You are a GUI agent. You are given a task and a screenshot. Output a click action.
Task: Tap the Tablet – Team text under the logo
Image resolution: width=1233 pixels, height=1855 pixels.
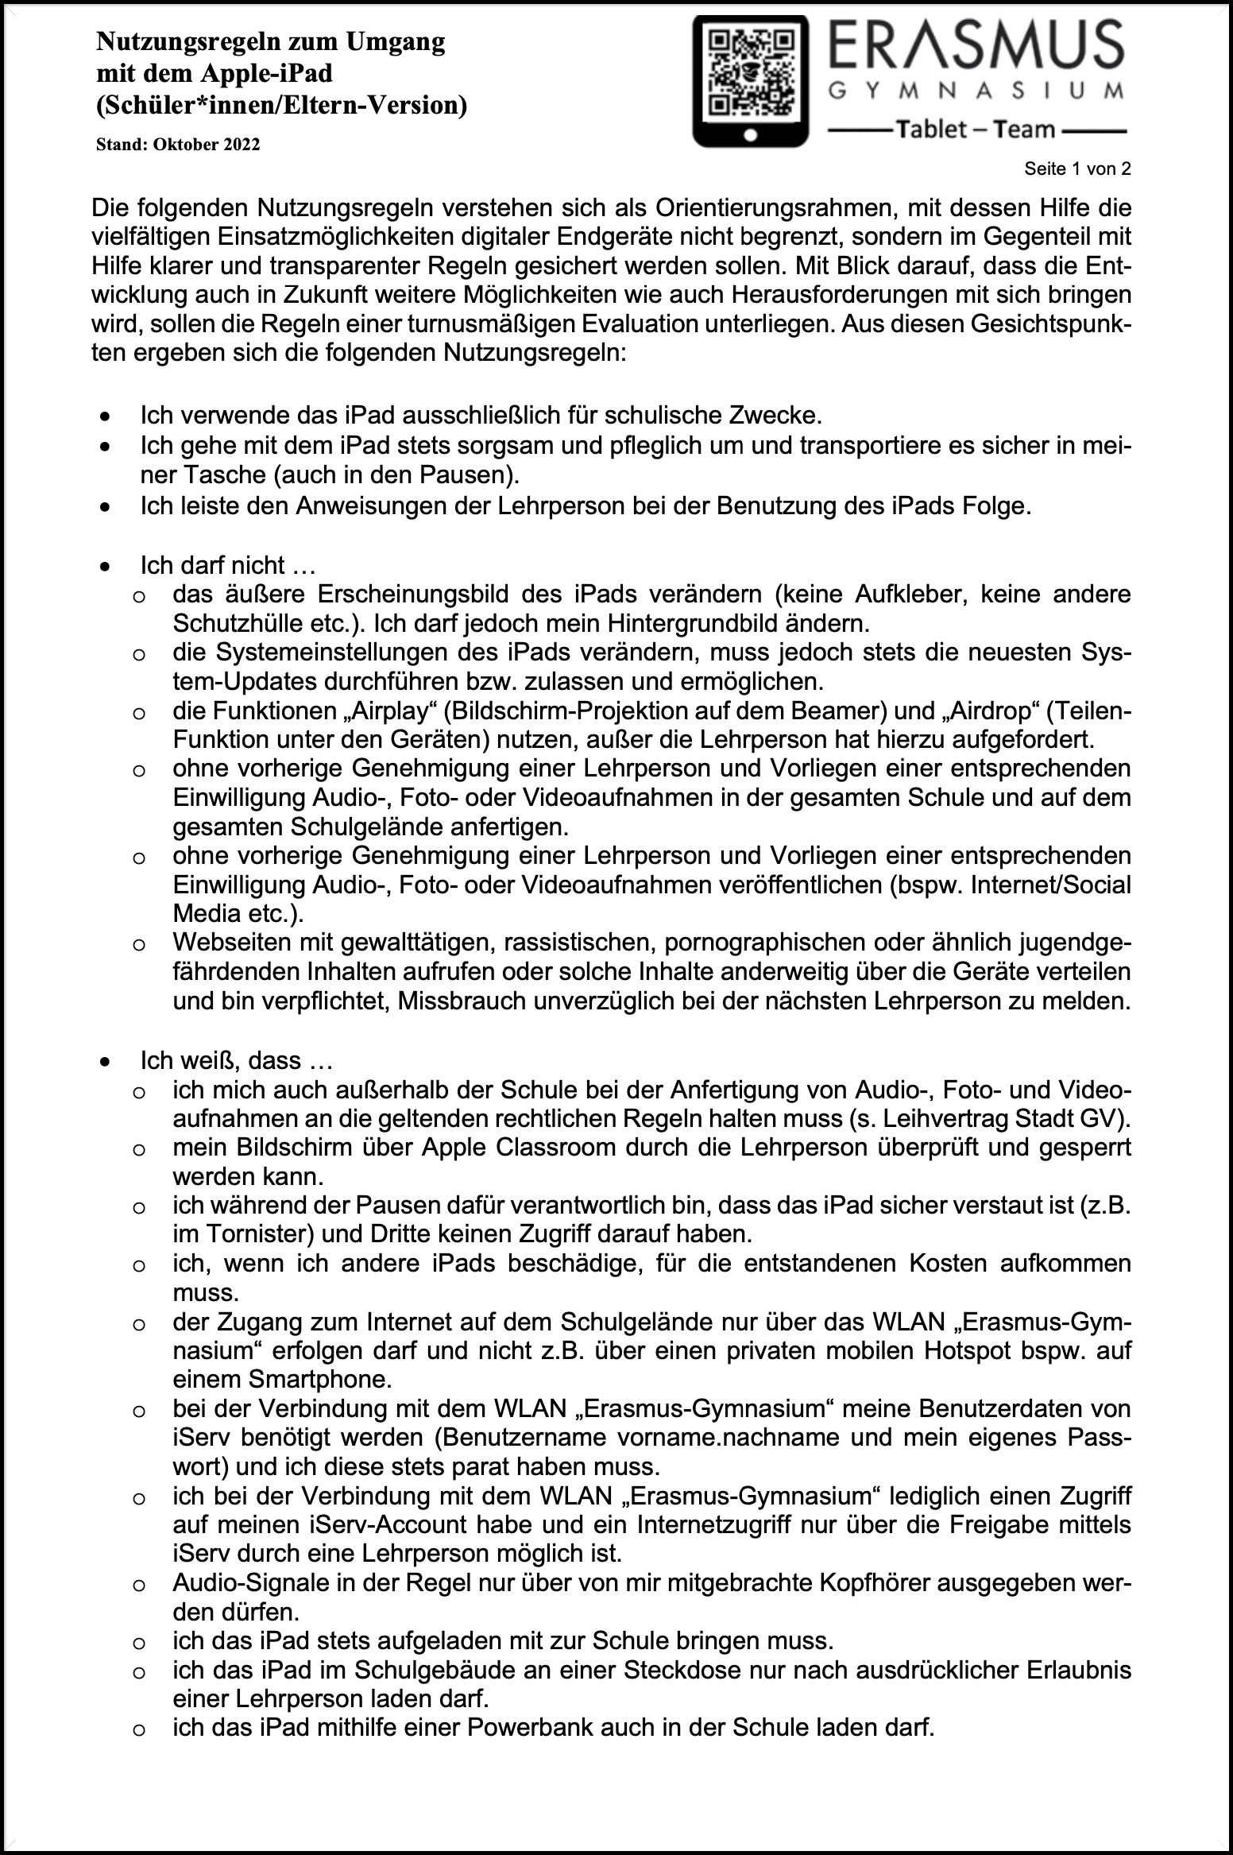[976, 130]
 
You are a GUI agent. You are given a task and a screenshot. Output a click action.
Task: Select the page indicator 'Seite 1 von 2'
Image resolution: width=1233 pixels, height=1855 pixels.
[1077, 168]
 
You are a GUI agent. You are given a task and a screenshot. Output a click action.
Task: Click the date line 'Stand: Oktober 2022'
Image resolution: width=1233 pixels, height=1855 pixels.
[178, 145]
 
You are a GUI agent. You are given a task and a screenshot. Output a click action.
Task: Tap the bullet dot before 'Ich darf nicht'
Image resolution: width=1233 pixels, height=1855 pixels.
[104, 567]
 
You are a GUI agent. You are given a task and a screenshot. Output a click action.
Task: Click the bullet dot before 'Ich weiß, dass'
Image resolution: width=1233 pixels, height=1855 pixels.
[104, 1062]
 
